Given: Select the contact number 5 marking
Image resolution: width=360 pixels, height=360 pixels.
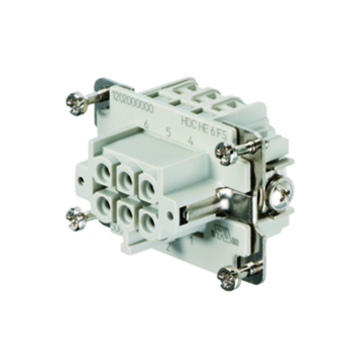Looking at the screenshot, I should pos(168,132).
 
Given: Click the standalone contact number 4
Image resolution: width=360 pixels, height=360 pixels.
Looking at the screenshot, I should pos(191,140).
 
